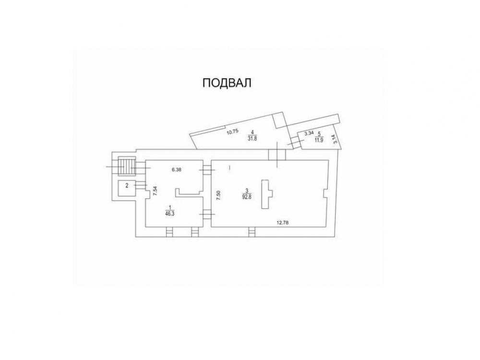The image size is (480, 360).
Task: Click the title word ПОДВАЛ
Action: [227, 83]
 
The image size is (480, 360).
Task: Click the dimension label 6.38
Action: [177, 170]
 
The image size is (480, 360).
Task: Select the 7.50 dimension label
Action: [218, 195]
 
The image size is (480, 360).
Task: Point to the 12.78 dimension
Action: [283, 223]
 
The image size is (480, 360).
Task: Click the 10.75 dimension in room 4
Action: [232, 132]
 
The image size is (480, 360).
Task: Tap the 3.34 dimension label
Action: [309, 133]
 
